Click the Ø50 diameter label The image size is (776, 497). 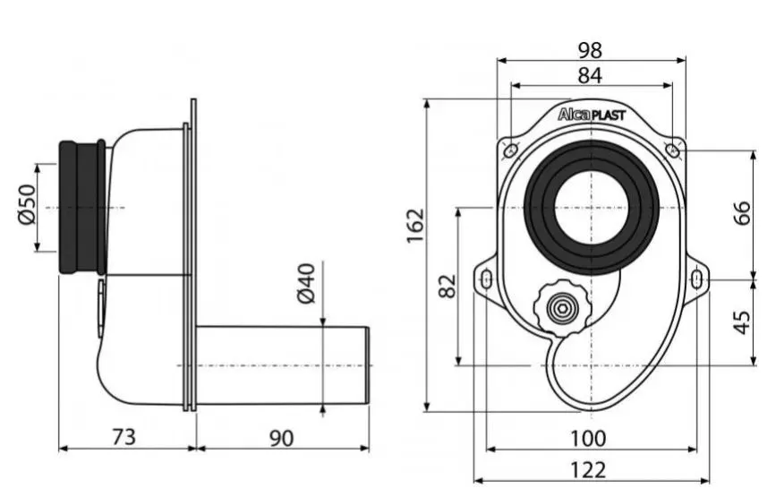(x=27, y=204)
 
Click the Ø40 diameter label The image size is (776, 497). (x=306, y=284)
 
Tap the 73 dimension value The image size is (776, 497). (x=124, y=437)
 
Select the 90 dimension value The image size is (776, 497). (x=281, y=438)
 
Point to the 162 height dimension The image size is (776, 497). (x=415, y=227)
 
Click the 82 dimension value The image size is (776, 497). (x=448, y=287)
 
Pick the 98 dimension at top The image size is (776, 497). (x=590, y=50)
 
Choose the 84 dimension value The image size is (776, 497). (x=590, y=76)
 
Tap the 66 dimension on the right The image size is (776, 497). (x=742, y=213)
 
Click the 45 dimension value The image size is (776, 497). (x=742, y=322)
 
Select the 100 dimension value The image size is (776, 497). (x=588, y=439)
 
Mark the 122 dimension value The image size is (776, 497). (x=588, y=470)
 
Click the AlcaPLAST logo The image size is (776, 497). (x=592, y=115)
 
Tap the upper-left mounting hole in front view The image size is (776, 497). (x=510, y=150)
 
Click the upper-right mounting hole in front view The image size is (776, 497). (x=672, y=150)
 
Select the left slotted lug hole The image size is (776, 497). (x=487, y=279)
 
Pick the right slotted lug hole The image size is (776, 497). (x=697, y=279)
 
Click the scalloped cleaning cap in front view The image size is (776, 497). (x=563, y=308)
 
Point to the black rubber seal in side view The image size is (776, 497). (x=82, y=208)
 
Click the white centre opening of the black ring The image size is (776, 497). (x=592, y=208)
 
